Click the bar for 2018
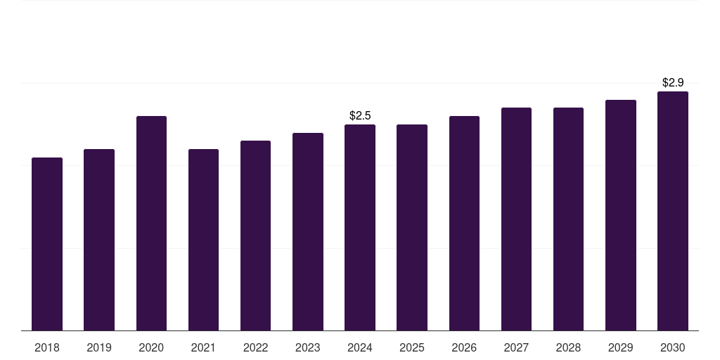point(47,244)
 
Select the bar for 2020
point(151,224)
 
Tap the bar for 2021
point(203,240)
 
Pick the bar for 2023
point(308,232)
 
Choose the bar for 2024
point(360,228)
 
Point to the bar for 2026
point(464,224)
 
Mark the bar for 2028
point(568,219)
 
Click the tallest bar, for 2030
point(673,211)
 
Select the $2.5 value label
point(360,115)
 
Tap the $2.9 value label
point(673,82)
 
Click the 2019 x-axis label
point(99,348)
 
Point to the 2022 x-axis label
point(255,348)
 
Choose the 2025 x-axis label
point(412,348)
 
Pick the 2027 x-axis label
point(516,348)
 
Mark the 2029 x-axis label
point(620,348)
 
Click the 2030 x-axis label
point(673,348)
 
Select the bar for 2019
point(99,240)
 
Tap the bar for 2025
point(412,228)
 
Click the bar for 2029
point(620,215)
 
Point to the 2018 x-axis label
point(47,348)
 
